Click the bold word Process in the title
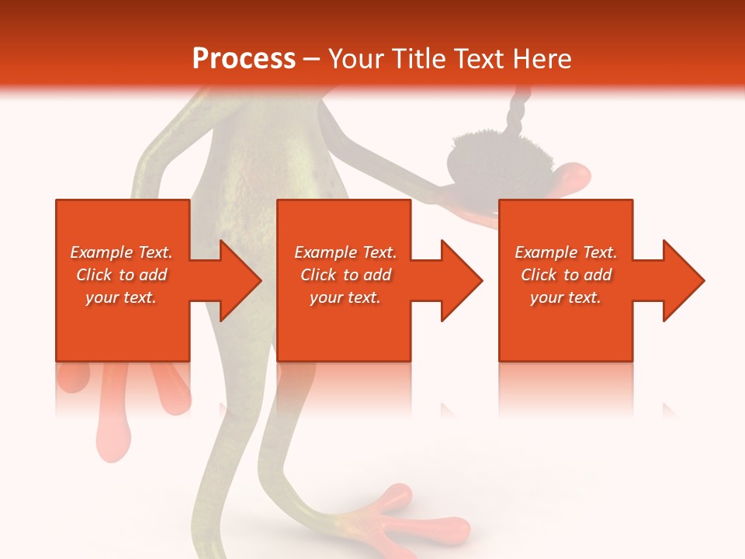tap(244, 59)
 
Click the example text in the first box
tap(122, 275)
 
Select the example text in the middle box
tap(345, 275)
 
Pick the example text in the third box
tap(566, 275)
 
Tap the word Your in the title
tap(355, 59)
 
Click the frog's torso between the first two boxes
tap(233, 179)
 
